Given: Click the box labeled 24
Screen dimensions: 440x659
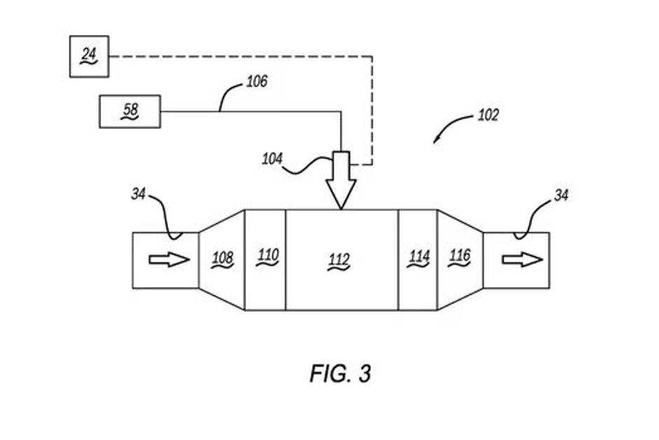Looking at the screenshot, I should [89, 56].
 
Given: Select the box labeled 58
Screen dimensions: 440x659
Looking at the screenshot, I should [130, 112].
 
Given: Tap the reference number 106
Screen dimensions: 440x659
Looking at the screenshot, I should [257, 82].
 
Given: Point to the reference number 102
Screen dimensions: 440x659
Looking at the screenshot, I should [488, 115].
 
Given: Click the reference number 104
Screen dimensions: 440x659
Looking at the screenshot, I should [272, 159].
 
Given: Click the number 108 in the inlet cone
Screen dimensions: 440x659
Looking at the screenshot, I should [222, 259].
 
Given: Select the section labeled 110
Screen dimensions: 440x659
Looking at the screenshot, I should [266, 255].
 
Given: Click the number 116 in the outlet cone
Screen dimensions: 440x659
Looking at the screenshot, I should [459, 256].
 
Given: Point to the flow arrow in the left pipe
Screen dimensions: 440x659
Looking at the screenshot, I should [169, 260].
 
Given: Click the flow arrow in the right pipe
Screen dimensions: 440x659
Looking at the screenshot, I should [522, 260].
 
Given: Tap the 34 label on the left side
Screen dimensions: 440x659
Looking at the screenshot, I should [139, 194].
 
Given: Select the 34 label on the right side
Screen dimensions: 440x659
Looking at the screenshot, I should [561, 196].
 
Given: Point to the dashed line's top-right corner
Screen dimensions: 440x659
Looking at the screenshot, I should [372, 56].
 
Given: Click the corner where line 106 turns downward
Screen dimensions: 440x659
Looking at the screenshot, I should [341, 112].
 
